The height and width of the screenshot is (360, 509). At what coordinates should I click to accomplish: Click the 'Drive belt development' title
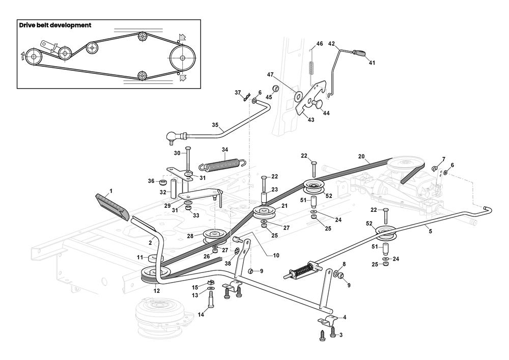55,25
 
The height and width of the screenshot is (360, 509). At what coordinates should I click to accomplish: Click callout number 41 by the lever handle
372,63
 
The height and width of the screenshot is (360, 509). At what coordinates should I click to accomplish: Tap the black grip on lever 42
361,52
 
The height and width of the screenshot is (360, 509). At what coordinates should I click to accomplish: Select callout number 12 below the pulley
156,291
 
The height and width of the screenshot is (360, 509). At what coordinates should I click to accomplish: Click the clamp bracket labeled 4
328,322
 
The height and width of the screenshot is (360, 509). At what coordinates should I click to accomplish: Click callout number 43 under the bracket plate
310,120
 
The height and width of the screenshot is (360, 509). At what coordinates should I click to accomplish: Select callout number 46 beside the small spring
320,44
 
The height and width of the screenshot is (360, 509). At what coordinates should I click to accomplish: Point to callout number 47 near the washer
271,74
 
